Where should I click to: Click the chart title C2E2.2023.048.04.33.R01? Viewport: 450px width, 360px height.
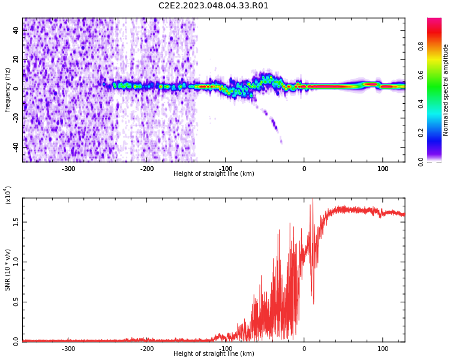[x=214, y=6]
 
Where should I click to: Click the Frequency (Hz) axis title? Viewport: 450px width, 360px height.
[x=8, y=89]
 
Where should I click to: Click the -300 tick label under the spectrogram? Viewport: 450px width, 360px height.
[x=68, y=168]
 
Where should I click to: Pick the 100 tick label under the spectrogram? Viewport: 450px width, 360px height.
[x=382, y=168]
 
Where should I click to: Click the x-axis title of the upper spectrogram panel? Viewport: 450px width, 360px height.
[x=214, y=174]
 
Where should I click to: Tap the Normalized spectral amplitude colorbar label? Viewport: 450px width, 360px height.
[x=446, y=89]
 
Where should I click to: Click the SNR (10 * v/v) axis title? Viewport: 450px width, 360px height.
[x=8, y=269]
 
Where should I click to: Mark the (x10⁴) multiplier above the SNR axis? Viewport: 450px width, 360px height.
[x=8, y=195]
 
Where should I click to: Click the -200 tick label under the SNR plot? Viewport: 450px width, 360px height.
[x=147, y=348]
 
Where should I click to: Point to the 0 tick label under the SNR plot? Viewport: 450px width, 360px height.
[x=304, y=348]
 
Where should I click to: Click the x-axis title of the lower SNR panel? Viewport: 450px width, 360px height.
[x=214, y=354]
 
